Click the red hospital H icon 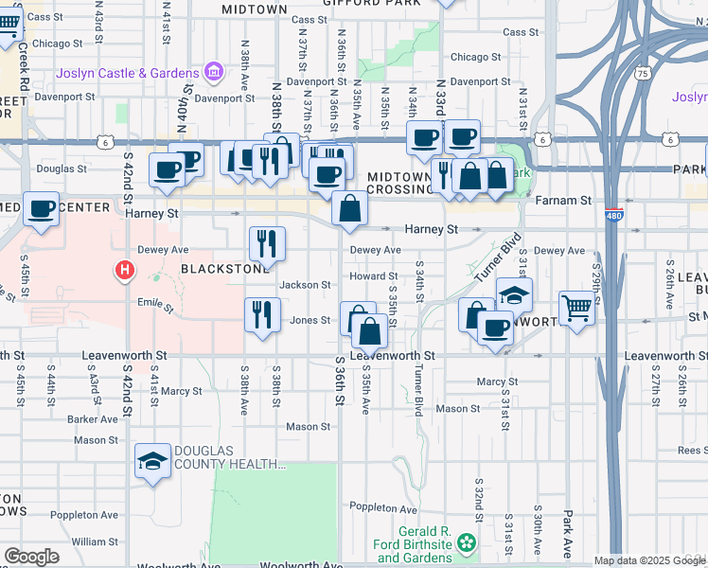coord(124,272)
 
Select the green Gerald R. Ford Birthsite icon coord(465,542)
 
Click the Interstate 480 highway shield coord(612,213)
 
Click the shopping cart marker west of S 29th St coord(576,306)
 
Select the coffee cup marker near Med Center coord(41,207)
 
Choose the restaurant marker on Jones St coord(262,313)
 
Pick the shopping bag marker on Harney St coord(349,207)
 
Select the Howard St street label coord(366,275)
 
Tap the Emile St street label coord(156,307)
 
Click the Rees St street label coord(691,451)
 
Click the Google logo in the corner coord(31,557)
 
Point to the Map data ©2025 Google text coord(646,560)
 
